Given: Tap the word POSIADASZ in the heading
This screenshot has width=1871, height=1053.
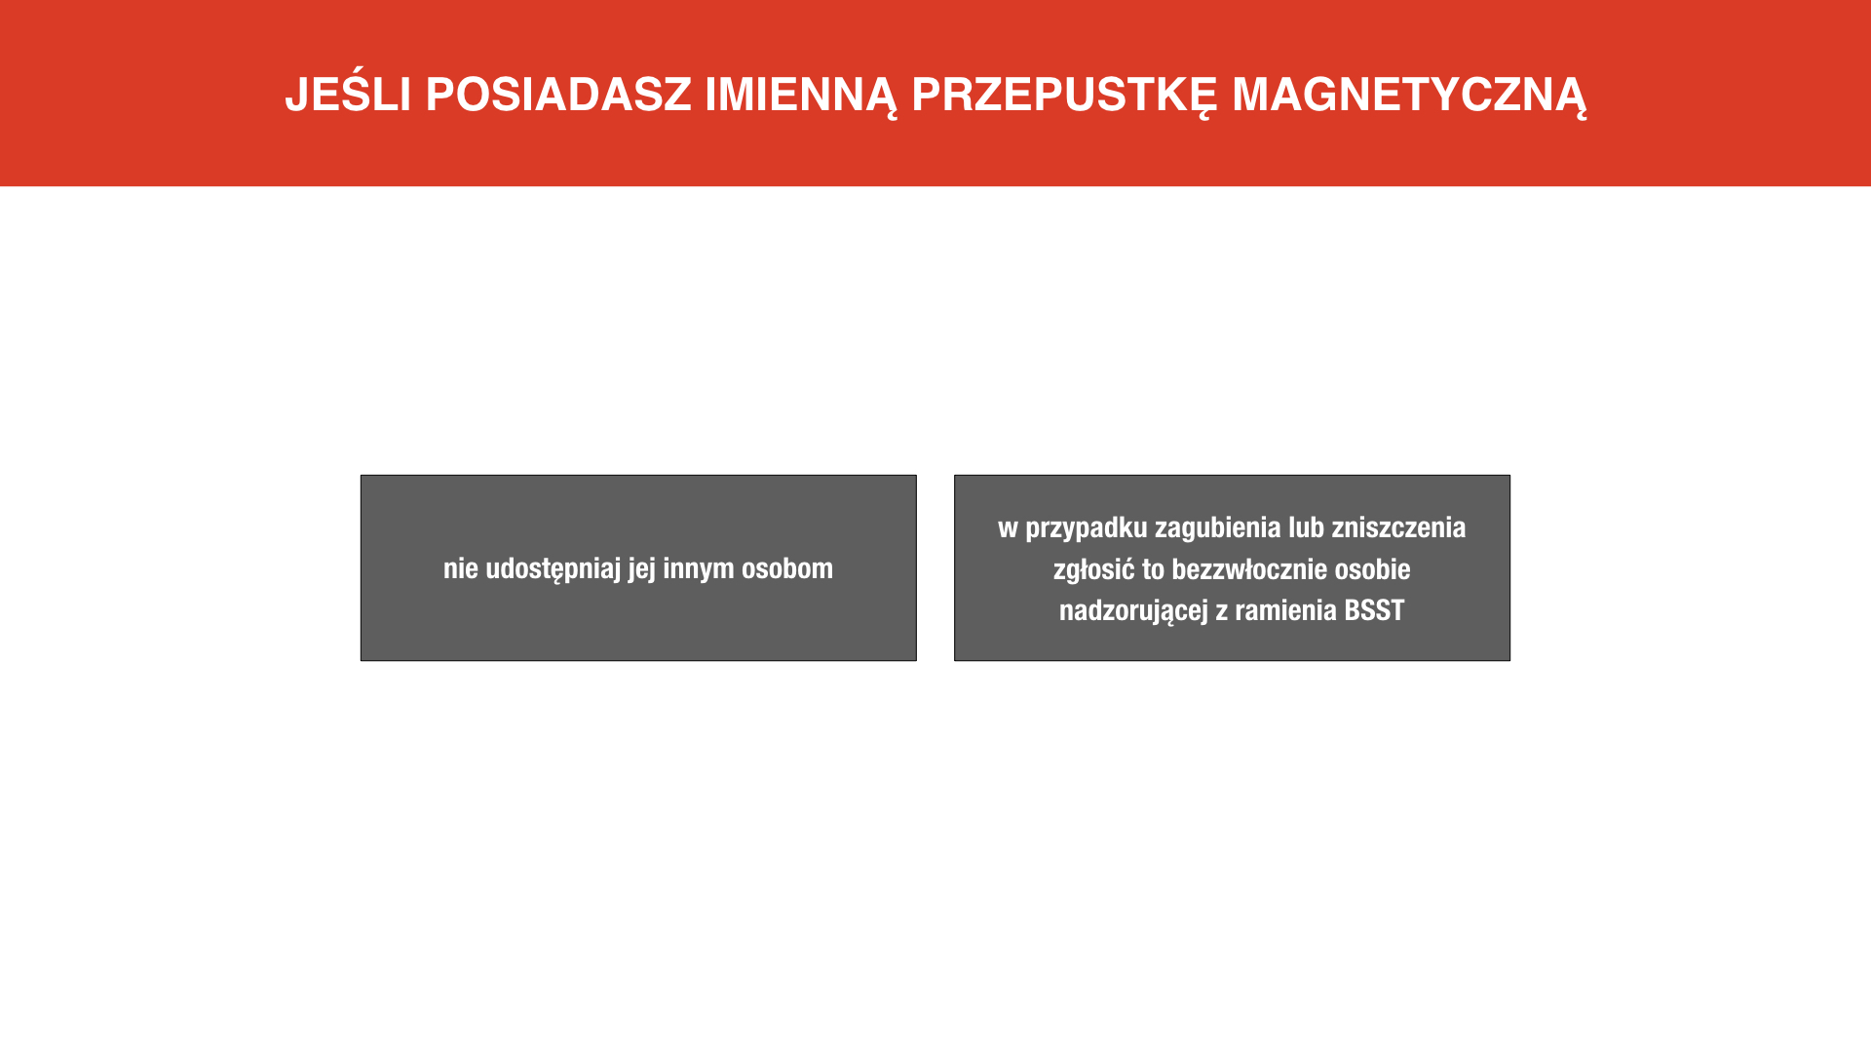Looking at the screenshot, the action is coord(558,95).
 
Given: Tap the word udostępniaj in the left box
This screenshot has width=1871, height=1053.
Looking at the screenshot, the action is coord(554,569).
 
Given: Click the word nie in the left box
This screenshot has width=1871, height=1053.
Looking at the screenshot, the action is coord(461,568).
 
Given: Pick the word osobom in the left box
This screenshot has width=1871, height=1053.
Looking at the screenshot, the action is coord(787,568).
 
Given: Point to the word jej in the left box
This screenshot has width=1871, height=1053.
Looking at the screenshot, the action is coord(642,569).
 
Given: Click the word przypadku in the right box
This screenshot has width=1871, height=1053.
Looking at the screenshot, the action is coord(1087,528).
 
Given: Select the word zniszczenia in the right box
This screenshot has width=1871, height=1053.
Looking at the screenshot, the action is coord(1398,527).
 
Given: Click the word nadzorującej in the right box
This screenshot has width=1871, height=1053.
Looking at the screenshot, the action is coord(1133,611).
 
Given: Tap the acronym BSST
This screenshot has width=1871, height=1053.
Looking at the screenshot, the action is coord(1374,610).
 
